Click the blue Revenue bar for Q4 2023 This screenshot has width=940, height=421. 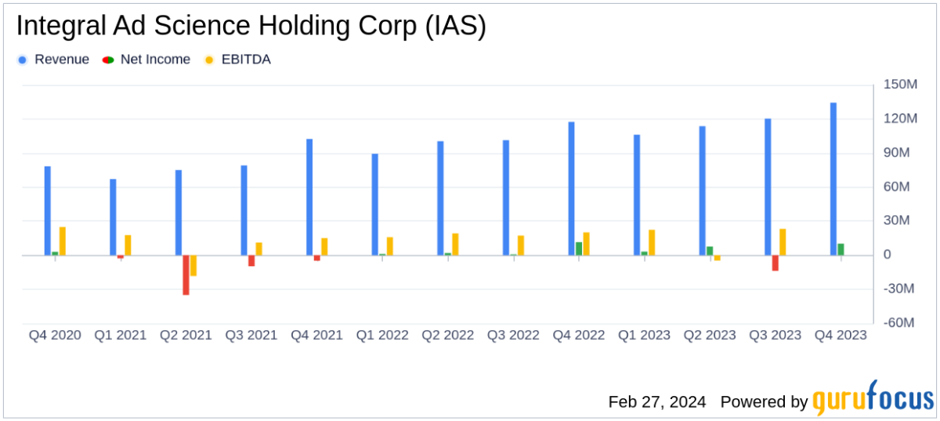[x=833, y=179]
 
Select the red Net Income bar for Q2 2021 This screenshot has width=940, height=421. [x=186, y=275]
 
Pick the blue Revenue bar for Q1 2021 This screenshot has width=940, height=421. [x=113, y=217]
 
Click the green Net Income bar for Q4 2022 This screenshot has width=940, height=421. [x=579, y=249]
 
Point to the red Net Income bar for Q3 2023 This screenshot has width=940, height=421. [x=775, y=263]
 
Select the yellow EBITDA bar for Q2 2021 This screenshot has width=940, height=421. [x=193, y=265]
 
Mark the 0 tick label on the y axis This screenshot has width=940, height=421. [x=888, y=255]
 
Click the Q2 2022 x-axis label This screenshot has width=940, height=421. [x=447, y=335]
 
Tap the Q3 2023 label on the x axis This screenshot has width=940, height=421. [x=775, y=335]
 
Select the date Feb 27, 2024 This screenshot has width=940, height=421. [x=657, y=401]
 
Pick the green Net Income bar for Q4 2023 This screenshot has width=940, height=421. [x=841, y=250]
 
